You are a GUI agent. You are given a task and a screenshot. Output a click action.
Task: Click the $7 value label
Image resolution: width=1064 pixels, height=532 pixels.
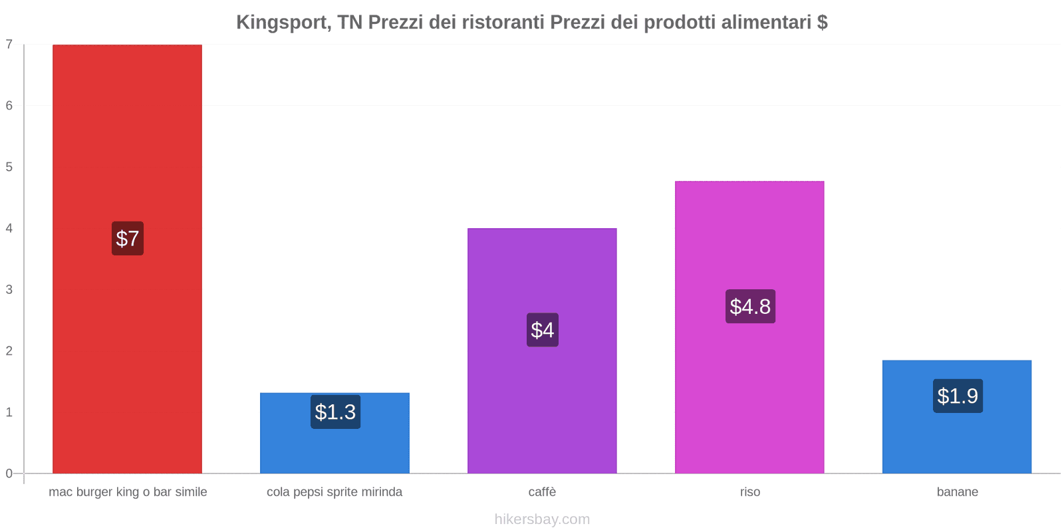tap(127, 238)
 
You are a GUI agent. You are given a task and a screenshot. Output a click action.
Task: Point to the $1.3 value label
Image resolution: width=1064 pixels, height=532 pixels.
tap(335, 412)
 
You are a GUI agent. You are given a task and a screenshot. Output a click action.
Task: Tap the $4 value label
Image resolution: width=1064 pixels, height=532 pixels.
tap(542, 330)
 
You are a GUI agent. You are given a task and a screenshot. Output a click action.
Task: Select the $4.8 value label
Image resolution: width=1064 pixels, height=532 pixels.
tap(750, 307)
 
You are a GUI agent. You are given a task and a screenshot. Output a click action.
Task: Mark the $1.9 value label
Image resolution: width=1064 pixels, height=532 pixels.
tap(958, 396)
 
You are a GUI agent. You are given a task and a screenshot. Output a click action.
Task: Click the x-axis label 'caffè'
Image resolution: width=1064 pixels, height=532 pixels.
tap(542, 492)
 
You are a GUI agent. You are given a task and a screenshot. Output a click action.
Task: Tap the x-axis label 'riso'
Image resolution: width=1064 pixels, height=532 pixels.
tap(749, 492)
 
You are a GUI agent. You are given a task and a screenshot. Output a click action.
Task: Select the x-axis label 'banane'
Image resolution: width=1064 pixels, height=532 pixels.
tap(957, 492)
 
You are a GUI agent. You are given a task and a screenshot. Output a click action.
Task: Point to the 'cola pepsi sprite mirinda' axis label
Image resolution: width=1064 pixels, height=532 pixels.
tap(334, 492)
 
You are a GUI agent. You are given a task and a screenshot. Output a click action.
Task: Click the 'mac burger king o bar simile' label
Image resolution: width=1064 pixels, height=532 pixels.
tap(128, 492)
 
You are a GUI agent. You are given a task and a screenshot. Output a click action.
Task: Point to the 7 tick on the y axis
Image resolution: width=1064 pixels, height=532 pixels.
tap(9, 45)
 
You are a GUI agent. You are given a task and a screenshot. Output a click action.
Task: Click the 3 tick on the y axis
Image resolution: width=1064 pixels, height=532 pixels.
tap(9, 289)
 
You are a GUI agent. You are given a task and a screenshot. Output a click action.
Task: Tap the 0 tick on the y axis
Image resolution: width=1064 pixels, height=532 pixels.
tap(9, 473)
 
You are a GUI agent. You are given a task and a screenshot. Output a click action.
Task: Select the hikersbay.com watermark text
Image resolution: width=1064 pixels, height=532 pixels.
tap(542, 519)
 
